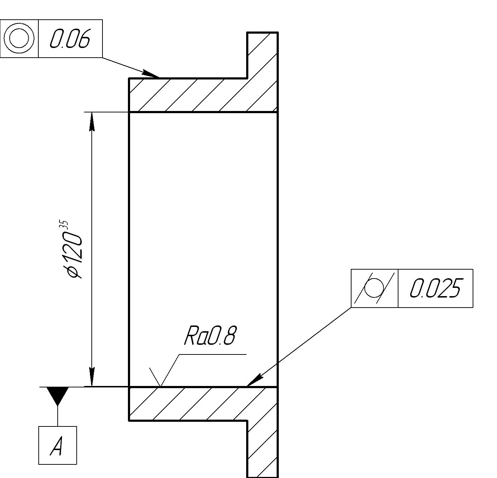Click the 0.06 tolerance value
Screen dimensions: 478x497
coord(70,39)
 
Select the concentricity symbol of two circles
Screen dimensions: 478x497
coord(19,38)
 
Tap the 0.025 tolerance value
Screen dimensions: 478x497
coord(435,288)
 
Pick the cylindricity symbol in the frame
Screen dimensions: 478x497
coord(374,288)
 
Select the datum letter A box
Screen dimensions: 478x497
coord(58,445)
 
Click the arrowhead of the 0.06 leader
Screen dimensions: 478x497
coord(152,74)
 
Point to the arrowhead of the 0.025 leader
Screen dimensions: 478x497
coord(254,381)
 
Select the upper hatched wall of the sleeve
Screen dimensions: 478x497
coord(186,95)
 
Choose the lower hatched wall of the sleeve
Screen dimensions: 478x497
coord(186,404)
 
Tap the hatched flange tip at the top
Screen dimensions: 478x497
coord(262,54)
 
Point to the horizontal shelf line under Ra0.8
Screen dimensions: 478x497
coord(213,354)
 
